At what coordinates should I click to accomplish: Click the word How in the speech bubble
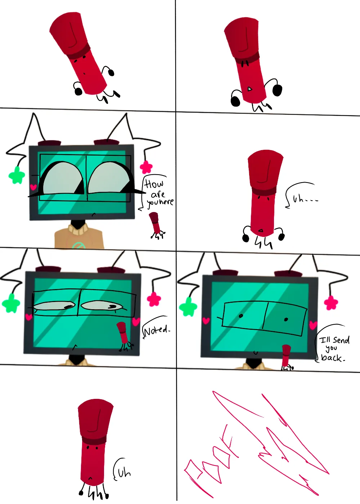(x=154, y=184)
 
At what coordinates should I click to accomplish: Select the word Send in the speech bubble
(x=341, y=340)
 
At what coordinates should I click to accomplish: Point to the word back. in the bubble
(x=333, y=357)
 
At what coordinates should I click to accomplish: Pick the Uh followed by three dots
(x=305, y=199)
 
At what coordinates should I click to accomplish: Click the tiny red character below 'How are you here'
(x=156, y=225)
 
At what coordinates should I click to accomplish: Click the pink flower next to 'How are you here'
(x=146, y=167)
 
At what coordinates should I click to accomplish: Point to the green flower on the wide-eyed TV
(x=17, y=175)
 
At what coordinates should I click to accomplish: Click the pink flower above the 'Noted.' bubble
(x=154, y=299)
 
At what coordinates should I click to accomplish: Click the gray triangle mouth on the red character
(x=249, y=89)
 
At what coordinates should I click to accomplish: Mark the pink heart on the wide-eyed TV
(x=33, y=187)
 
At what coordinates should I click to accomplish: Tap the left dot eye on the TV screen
(x=241, y=316)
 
